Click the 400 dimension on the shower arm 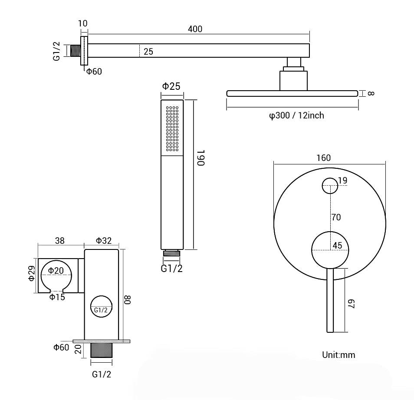(x=195, y=29)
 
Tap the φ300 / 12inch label (x=296, y=115)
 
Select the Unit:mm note (x=338, y=355)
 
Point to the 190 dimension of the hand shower (x=200, y=158)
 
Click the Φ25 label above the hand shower (x=171, y=86)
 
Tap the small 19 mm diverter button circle (x=330, y=186)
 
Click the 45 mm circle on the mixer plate (x=329, y=249)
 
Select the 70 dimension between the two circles (x=336, y=217)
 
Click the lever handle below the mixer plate (x=330, y=300)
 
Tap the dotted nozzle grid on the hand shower (x=172, y=128)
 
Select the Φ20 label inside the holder (x=56, y=270)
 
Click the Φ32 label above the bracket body (x=104, y=240)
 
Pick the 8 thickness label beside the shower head (x=370, y=93)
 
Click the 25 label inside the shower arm (x=148, y=52)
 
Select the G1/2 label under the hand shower (x=171, y=269)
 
